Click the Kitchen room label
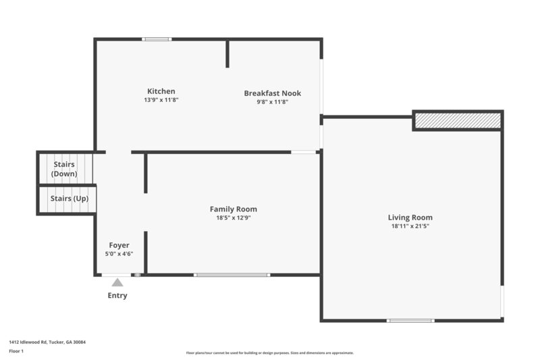pos(161,91)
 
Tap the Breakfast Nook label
pos(273,93)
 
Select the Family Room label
pos(234,209)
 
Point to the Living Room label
pos(410,217)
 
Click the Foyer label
pos(119,245)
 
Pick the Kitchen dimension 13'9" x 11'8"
pos(161,100)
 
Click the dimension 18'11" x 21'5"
pos(410,226)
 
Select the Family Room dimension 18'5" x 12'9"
pos(234,217)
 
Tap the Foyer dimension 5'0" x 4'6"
pos(119,254)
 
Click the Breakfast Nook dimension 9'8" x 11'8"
pos(273,102)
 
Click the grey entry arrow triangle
pos(117,283)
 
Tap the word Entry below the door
pos(117,296)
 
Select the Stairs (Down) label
pos(65,169)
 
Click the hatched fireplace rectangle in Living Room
pos(458,120)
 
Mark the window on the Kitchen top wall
pos(157,39)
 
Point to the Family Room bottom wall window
pos(232,275)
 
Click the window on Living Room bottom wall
pos(410,320)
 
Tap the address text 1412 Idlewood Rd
pos(47,342)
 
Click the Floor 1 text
pos(16,351)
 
